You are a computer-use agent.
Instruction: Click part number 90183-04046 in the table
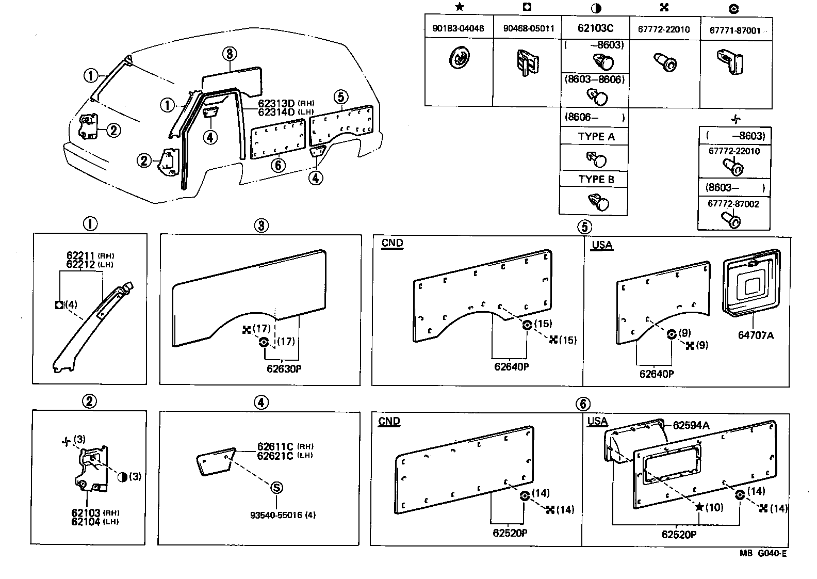(458, 29)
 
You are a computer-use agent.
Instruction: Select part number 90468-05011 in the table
(528, 29)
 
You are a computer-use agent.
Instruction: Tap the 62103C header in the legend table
(595, 28)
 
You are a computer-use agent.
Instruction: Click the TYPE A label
(596, 137)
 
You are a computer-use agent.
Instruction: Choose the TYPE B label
(596, 180)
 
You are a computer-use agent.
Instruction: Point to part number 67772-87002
(733, 204)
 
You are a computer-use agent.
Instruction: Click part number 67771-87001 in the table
(735, 30)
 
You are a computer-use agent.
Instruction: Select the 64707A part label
(755, 335)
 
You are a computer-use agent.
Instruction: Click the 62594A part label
(691, 426)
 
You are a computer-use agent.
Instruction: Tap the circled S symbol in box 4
(276, 488)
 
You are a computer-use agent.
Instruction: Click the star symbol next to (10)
(699, 507)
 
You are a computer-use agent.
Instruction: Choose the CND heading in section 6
(389, 421)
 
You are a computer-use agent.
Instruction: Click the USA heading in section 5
(601, 245)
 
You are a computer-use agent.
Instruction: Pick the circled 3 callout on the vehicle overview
(230, 54)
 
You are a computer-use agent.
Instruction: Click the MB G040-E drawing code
(763, 554)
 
